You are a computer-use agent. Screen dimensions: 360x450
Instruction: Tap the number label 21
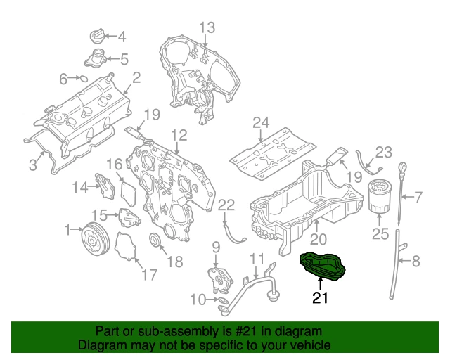coord(321,299)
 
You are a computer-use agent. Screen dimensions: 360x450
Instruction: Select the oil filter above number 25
coord(380,197)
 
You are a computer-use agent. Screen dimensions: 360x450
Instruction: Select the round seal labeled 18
coord(156,244)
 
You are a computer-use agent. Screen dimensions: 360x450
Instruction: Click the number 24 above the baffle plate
coord(262,124)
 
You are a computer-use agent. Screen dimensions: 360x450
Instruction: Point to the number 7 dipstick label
coord(416,198)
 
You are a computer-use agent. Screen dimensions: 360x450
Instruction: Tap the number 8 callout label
coord(415,262)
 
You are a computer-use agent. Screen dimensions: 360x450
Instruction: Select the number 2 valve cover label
coord(136,77)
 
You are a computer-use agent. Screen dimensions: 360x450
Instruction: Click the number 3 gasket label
coord(33,165)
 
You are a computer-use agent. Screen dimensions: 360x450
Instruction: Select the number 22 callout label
coord(225,205)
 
